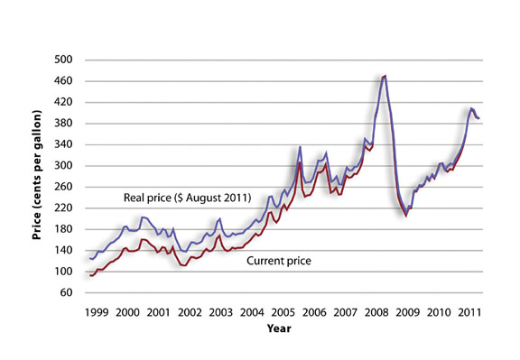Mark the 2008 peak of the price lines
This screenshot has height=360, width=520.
pos(385,76)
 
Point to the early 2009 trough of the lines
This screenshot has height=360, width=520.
pos(406,215)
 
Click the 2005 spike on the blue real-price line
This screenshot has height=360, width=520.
pos(300,146)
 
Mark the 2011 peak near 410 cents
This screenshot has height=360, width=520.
pos(471,108)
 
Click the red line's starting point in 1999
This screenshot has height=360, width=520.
pos(89,275)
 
